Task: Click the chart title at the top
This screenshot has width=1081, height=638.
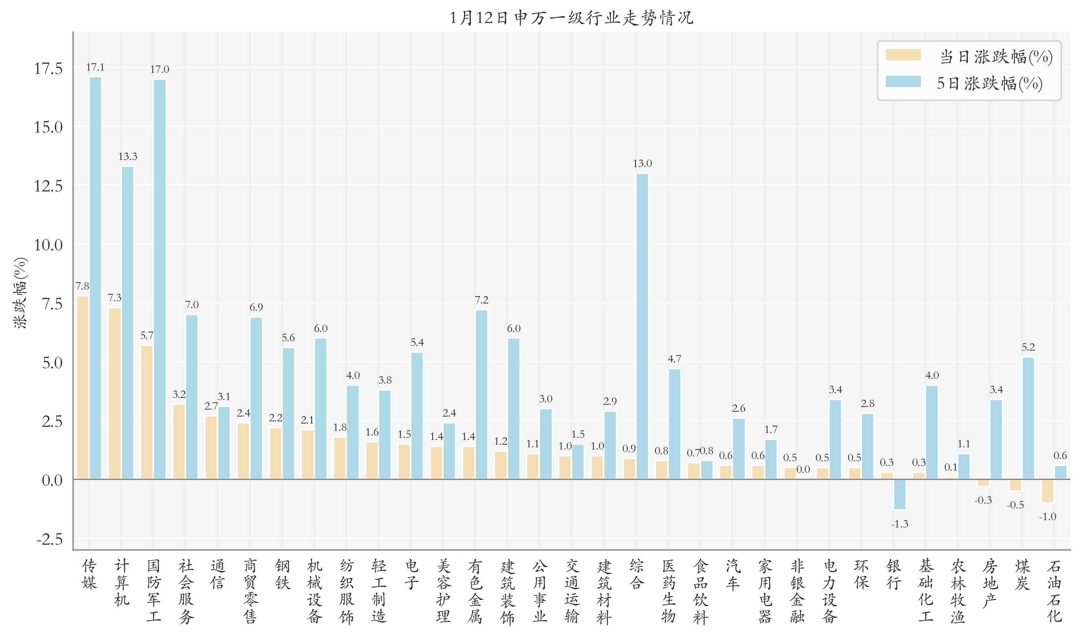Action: pyautogui.click(x=571, y=18)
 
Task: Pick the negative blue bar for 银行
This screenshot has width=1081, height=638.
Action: pyautogui.click(x=899, y=494)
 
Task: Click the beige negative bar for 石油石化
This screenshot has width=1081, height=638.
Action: pyautogui.click(x=1047, y=490)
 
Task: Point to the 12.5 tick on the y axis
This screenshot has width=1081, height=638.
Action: pyautogui.click(x=48, y=186)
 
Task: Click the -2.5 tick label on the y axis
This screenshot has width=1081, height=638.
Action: pyautogui.click(x=49, y=539)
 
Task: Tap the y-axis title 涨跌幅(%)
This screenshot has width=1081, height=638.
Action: pyautogui.click(x=20, y=293)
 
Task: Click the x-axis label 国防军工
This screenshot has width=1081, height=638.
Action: pyautogui.click(x=153, y=591)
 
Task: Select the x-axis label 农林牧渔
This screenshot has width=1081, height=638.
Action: pyautogui.click(x=958, y=591)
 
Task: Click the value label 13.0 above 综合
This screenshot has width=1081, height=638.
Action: pyautogui.click(x=642, y=163)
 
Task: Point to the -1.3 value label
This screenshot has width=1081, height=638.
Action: pyautogui.click(x=899, y=524)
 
